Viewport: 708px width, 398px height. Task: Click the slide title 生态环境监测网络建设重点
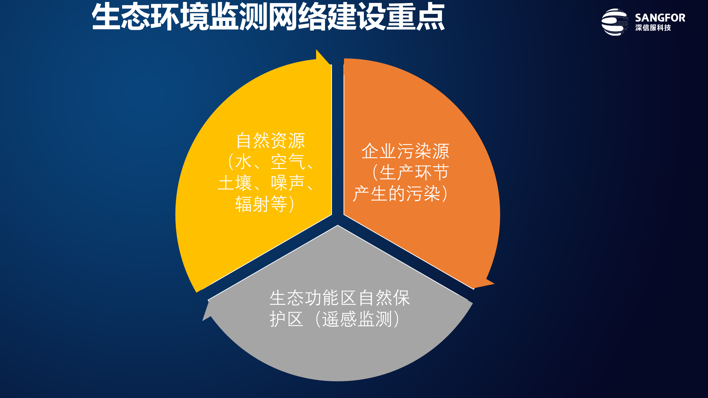click(x=268, y=17)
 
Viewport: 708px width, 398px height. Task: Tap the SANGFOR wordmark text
click(x=660, y=18)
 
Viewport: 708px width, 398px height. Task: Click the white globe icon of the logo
click(x=614, y=22)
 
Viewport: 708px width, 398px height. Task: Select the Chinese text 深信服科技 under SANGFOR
click(x=653, y=28)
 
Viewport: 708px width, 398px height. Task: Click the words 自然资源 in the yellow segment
click(x=270, y=141)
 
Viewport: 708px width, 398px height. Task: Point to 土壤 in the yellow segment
click(x=235, y=183)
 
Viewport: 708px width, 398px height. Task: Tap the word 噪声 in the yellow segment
click(x=288, y=183)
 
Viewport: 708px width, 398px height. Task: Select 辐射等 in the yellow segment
click(x=261, y=204)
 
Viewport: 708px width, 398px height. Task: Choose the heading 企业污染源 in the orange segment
click(x=405, y=151)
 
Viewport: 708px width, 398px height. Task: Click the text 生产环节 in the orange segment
click(x=414, y=173)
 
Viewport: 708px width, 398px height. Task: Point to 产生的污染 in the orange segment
click(x=397, y=194)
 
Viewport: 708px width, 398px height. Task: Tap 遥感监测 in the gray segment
click(x=357, y=320)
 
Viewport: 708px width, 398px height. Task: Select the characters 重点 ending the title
click(x=415, y=17)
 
